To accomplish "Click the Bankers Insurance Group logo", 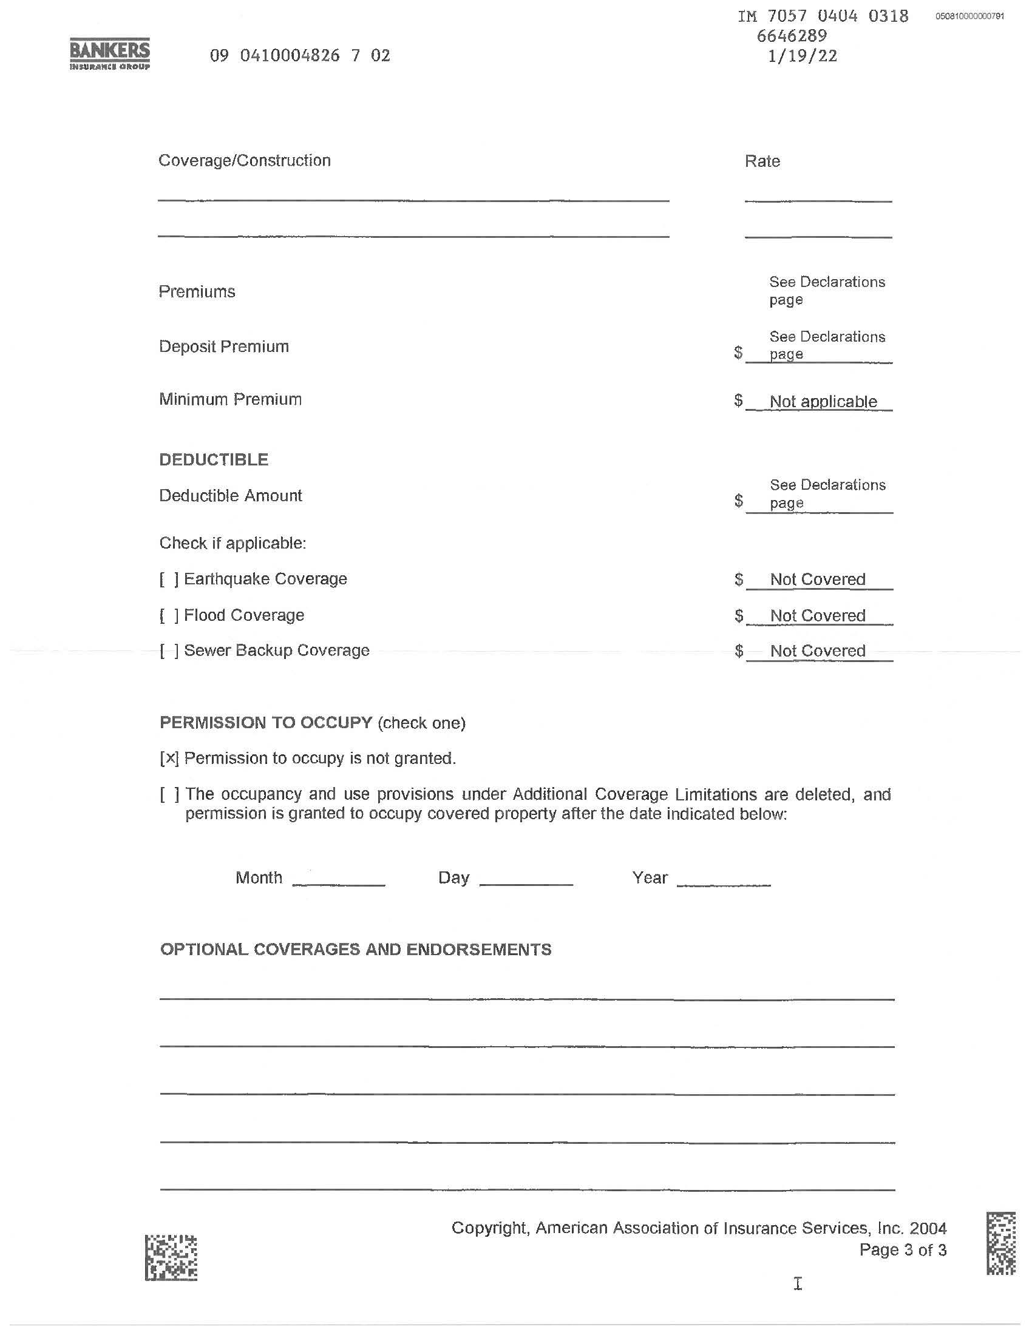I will click(110, 55).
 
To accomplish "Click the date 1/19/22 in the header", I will click(802, 56).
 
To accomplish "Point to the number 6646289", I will click(792, 36).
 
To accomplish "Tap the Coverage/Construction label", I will click(245, 161).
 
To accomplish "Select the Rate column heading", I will click(762, 161).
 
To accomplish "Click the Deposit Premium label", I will click(224, 346).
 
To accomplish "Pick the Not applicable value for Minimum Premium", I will click(823, 402).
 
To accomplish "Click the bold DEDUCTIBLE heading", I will click(213, 460).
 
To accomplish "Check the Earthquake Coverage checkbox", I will click(169, 580).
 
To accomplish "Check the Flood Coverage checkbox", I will click(169, 615).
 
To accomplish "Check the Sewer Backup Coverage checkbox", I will click(169, 651).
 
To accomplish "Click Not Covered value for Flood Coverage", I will click(818, 615).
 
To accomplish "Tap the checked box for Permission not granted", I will click(169, 759).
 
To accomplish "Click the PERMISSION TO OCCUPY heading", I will click(266, 723).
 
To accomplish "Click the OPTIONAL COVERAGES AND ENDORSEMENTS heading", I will click(356, 949).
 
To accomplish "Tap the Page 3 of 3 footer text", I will click(902, 1250).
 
